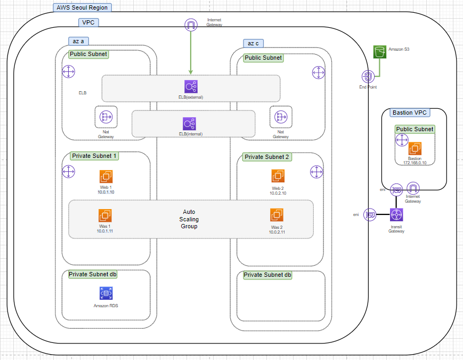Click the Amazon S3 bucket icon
pyautogui.click(x=379, y=52)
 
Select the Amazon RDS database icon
pyautogui.click(x=106, y=293)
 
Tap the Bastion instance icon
pyautogui.click(x=415, y=149)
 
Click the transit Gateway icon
pyautogui.click(x=396, y=215)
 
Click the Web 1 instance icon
pyautogui.click(x=106, y=177)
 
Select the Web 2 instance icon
pyautogui.click(x=278, y=176)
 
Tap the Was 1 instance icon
pyautogui.click(x=105, y=215)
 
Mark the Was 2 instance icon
pyautogui.click(x=276, y=215)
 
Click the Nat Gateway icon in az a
pyautogui.click(x=105, y=117)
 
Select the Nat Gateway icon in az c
pyautogui.click(x=280, y=117)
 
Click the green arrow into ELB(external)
pyautogui.click(x=191, y=53)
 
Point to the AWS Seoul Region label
pyautogui.click(x=82, y=7)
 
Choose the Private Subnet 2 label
pyautogui.click(x=266, y=157)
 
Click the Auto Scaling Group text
pyautogui.click(x=189, y=219)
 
